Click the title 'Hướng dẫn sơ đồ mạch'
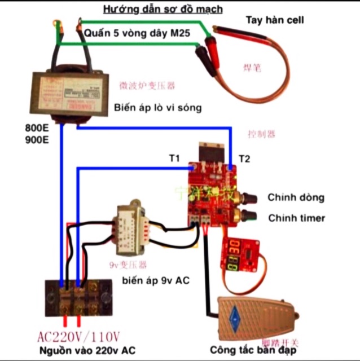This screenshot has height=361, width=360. (x=162, y=9)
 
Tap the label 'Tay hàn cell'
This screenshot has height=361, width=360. (x=275, y=20)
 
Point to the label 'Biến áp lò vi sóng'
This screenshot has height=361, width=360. (x=157, y=107)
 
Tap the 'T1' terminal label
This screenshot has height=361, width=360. (x=174, y=159)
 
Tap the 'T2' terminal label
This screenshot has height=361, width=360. (x=244, y=159)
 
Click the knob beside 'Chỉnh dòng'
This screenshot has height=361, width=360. (x=247, y=197)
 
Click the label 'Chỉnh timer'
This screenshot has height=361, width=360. (x=296, y=218)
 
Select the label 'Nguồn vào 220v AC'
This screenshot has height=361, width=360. (x=87, y=350)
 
